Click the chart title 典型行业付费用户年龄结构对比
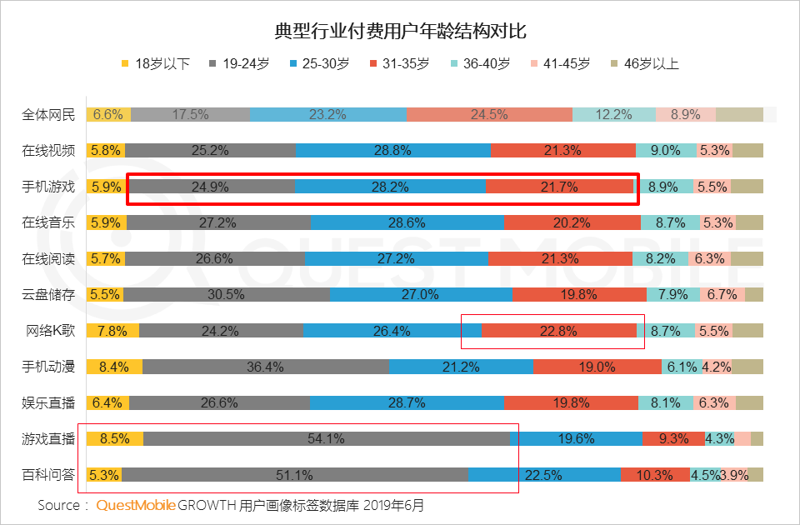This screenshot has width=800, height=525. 400,32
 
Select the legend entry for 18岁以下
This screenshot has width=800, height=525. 156,63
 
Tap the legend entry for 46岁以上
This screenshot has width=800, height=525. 645,63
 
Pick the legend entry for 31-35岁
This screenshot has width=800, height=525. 399,63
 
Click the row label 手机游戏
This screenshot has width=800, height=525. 48,187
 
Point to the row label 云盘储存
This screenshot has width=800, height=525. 48,294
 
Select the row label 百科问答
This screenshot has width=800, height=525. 48,475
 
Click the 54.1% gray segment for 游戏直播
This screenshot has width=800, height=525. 326,439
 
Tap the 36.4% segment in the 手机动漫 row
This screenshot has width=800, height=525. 265,367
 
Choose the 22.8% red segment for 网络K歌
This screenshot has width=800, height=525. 558,331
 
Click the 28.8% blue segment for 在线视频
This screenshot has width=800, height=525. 393,151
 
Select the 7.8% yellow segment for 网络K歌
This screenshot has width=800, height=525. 112,331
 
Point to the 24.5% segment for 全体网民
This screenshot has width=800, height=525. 489,115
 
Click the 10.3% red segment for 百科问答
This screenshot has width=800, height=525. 654,475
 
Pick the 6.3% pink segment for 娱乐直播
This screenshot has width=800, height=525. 713,402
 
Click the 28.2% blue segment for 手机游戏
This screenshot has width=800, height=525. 390,187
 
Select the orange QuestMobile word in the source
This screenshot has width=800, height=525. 135,506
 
